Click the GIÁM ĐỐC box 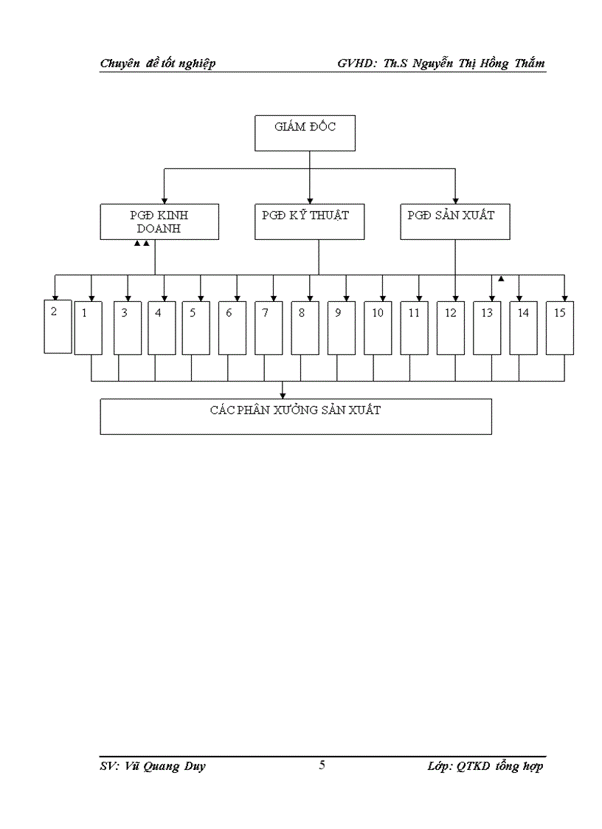(x=305, y=133)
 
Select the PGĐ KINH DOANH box (x=159, y=221)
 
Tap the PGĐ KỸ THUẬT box (x=309, y=221)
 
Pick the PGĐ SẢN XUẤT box (x=454, y=221)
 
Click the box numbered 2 (x=58, y=326)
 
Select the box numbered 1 (x=89, y=328)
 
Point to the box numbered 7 (x=269, y=328)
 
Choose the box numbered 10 (x=378, y=328)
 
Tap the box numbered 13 (x=487, y=328)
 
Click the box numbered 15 (x=560, y=328)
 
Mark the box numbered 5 (x=196, y=328)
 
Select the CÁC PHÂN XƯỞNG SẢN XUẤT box (x=296, y=416)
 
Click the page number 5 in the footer (x=322, y=765)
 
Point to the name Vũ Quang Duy (x=162, y=766)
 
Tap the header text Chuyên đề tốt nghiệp (x=158, y=63)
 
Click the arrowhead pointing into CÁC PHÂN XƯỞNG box (x=283, y=396)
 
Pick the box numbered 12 (x=451, y=328)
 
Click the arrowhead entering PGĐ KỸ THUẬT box (x=310, y=200)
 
